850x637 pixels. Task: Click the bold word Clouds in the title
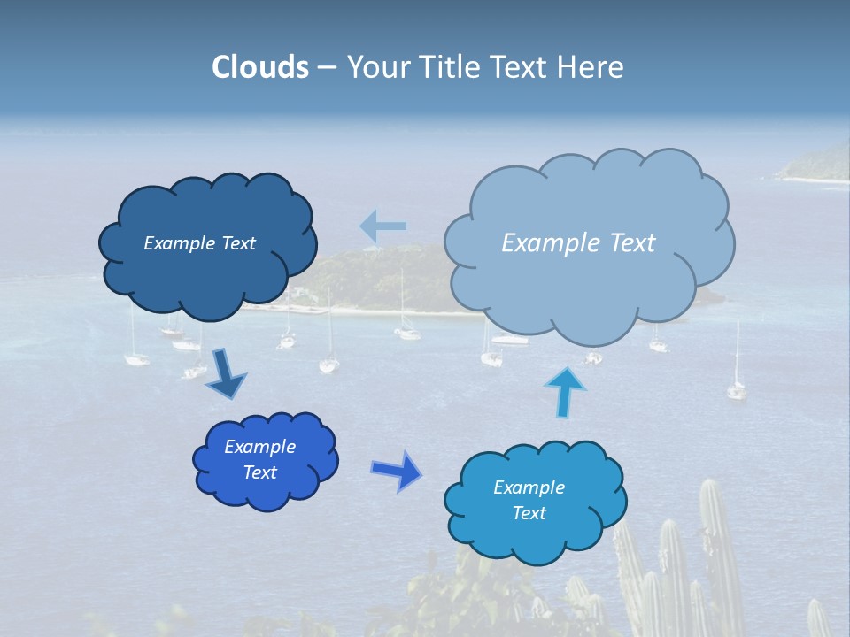[x=260, y=67]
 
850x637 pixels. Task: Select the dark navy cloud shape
[x=208, y=274]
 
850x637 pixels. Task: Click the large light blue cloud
[x=589, y=283]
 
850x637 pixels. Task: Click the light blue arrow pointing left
[x=382, y=226]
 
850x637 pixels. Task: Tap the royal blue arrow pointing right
[x=396, y=471]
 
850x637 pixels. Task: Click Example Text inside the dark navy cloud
[x=199, y=243]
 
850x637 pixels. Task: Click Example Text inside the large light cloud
[x=578, y=243]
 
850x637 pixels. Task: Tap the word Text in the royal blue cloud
[x=259, y=472]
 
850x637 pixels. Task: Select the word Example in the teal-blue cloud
[x=529, y=487]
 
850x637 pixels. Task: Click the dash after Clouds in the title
[x=327, y=67]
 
